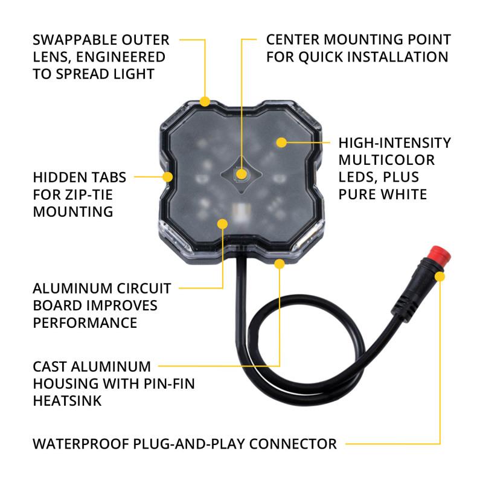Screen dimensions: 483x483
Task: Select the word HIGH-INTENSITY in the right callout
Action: tap(394, 143)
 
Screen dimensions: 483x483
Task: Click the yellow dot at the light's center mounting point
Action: tap(242, 175)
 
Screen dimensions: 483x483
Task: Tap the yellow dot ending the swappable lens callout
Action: tap(205, 101)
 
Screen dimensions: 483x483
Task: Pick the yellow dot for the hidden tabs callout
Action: tap(168, 177)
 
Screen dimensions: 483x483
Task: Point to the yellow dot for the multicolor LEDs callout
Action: tap(281, 142)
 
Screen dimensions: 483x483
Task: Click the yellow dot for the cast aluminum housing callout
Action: tap(280, 263)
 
